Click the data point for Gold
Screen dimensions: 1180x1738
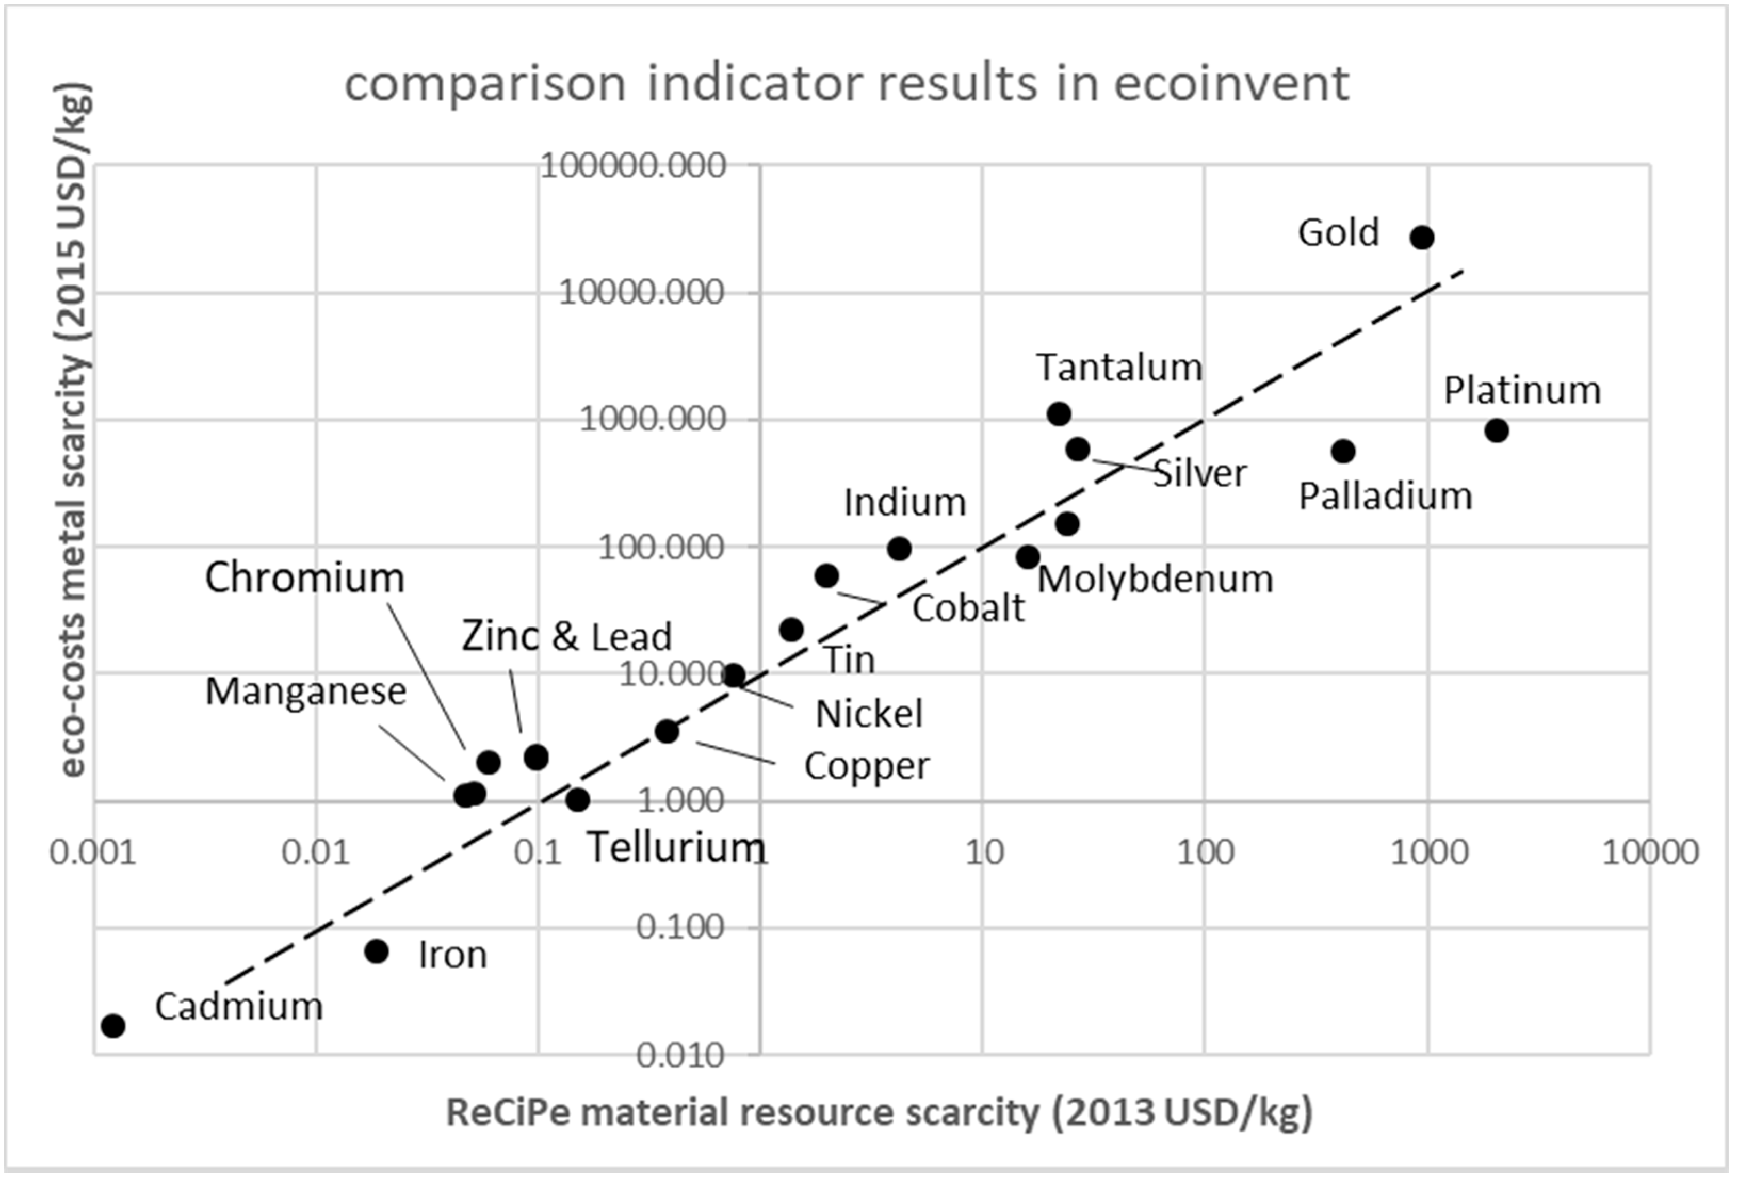[1422, 238]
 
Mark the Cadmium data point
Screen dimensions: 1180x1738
[113, 1025]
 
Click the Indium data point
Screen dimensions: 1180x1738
[899, 549]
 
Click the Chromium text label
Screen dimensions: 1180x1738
[304, 578]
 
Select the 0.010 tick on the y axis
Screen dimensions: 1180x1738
[680, 1056]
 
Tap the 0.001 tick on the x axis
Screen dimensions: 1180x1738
[93, 852]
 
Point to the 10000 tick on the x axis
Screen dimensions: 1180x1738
[1650, 852]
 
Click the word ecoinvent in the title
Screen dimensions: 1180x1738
[1232, 83]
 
